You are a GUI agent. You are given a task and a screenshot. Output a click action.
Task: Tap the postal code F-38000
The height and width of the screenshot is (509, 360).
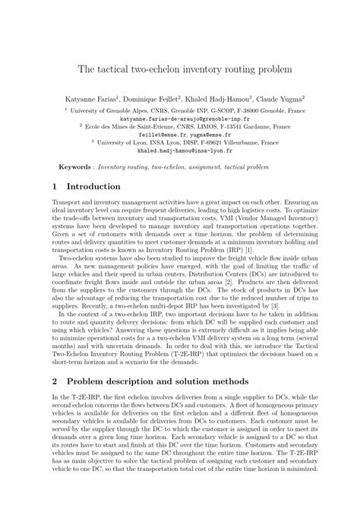255,110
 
